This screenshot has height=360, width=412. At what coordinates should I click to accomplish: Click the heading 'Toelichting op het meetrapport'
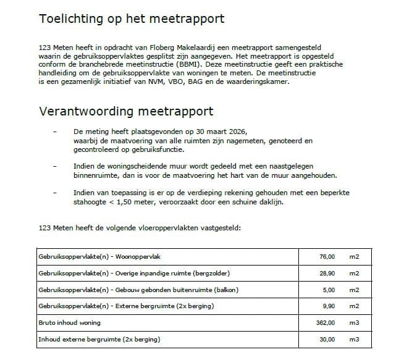click(132, 19)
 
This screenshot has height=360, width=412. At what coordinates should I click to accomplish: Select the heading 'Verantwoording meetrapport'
click(127, 112)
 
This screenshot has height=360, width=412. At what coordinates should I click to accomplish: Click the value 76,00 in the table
click(327, 256)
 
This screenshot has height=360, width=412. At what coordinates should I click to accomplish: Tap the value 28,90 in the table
click(327, 273)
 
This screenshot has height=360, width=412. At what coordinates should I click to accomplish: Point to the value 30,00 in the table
click(327, 340)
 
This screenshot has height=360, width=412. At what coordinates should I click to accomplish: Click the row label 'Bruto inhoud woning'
click(69, 323)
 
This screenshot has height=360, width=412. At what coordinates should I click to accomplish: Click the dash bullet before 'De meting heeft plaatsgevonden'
click(56, 132)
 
